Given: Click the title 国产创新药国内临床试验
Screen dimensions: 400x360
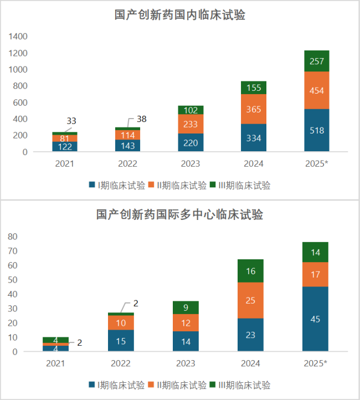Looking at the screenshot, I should coord(180,15).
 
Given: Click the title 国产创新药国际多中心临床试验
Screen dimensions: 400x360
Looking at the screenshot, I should coord(180,215).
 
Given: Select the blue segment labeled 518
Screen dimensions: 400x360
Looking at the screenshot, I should coord(317,130).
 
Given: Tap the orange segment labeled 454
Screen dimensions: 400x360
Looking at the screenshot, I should coord(317,90).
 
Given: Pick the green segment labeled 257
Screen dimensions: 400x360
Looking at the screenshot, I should coord(317,61).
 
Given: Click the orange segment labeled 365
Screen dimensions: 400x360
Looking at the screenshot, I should coord(253,109).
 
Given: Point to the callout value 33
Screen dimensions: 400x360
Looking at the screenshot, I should coord(71,121).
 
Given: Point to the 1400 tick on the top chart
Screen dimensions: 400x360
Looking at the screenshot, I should coord(18,37).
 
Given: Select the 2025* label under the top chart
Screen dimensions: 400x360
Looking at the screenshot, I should coord(317,163).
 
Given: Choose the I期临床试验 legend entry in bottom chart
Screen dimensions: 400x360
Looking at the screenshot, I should coord(116,385).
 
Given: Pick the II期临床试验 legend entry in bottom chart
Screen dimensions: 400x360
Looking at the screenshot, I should coord(179,385).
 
